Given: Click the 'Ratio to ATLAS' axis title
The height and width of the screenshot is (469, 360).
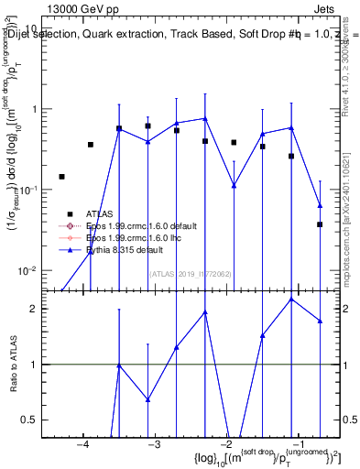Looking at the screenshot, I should [12, 365].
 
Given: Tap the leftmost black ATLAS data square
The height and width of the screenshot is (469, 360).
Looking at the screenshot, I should [61, 177].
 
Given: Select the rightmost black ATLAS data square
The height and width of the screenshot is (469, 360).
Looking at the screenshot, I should [320, 224].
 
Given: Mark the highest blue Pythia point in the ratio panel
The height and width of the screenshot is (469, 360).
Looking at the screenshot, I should [291, 300].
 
